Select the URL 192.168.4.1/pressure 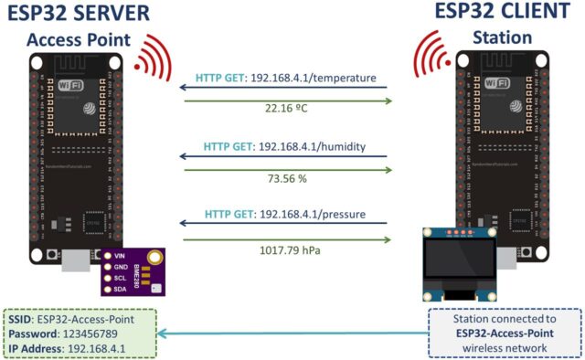point(315,215)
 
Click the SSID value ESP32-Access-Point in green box point(101,320)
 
